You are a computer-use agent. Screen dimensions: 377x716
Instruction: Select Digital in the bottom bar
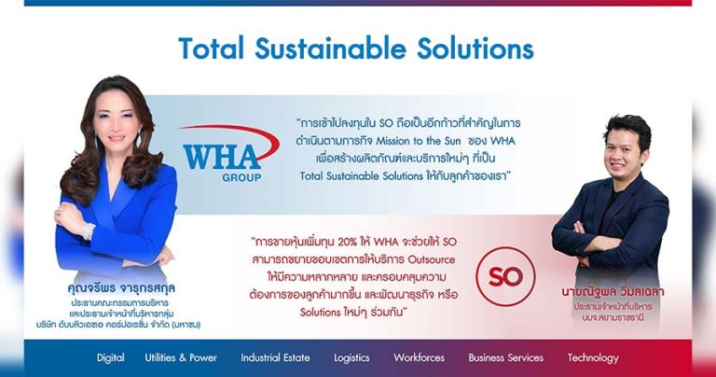pyautogui.click(x=110, y=357)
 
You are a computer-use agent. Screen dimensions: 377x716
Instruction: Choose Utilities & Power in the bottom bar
pyautogui.click(x=181, y=357)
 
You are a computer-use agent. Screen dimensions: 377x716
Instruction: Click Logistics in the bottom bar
pyautogui.click(x=351, y=357)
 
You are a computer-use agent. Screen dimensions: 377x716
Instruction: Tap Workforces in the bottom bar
pyautogui.click(x=419, y=357)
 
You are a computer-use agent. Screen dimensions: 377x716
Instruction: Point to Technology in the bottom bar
pyautogui.click(x=592, y=357)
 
